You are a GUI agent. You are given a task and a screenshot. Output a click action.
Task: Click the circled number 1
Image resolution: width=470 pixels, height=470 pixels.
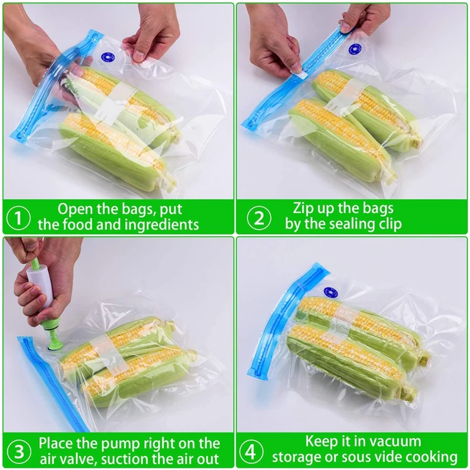click(x=18, y=217)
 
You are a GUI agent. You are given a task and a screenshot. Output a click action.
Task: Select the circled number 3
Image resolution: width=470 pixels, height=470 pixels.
click(x=18, y=452)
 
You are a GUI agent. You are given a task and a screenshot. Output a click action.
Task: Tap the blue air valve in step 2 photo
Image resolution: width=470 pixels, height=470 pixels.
click(x=354, y=49)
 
